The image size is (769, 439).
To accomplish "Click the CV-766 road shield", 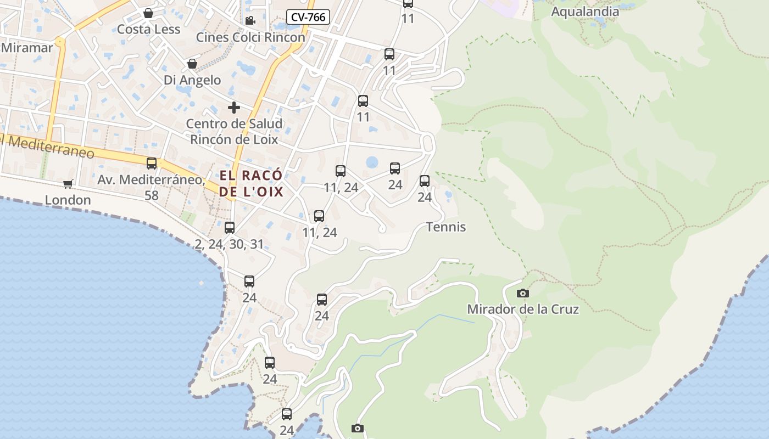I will (308, 17).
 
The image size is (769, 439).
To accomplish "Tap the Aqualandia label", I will (584, 12).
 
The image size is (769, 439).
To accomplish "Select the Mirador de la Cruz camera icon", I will (523, 293).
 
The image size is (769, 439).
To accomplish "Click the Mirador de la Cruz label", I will (523, 309).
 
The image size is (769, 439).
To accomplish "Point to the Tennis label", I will (446, 227).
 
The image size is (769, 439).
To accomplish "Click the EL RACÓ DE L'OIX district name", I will (251, 184).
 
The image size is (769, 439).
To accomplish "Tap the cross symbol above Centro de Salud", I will (234, 108).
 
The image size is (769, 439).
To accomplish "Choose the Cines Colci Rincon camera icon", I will (250, 21).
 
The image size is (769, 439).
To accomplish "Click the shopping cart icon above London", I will (68, 184).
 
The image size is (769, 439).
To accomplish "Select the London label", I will (68, 200).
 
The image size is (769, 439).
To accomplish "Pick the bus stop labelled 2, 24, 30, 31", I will (230, 227).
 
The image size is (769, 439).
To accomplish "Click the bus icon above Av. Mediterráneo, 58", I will (152, 163).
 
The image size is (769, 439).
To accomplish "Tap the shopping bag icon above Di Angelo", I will (192, 64).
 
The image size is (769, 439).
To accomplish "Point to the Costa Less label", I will (148, 29).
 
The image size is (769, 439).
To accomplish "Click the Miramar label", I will (27, 47).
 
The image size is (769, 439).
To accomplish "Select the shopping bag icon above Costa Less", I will (148, 13).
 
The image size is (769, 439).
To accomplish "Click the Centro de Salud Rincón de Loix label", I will (234, 131).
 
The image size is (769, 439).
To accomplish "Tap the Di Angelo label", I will (192, 80).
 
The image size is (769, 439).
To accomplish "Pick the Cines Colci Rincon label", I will (250, 37).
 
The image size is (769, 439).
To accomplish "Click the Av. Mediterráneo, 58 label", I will (151, 187).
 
